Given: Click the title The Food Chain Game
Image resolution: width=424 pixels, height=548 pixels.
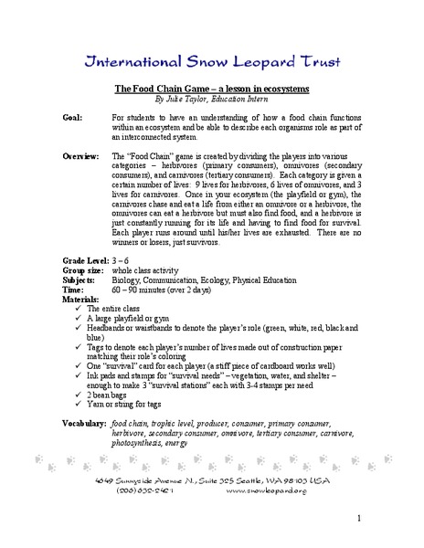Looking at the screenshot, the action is click(212, 89).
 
